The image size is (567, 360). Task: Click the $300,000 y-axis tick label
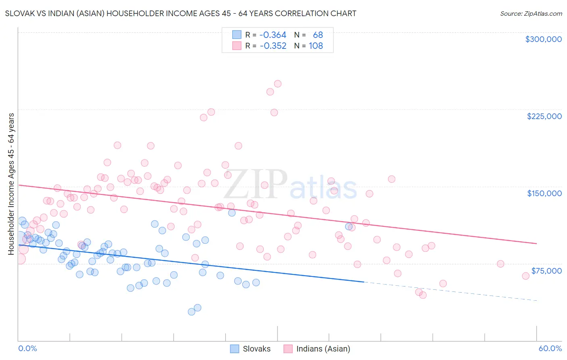click(543, 39)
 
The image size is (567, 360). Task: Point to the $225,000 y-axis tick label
click(544, 116)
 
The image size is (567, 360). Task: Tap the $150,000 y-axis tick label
click(544, 193)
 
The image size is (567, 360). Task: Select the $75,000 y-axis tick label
click(546, 271)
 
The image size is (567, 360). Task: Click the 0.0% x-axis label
click(27, 348)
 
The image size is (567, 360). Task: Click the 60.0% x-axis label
click(550, 348)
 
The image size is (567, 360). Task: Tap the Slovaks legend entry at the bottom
click(250, 349)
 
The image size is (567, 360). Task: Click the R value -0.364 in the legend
click(273, 35)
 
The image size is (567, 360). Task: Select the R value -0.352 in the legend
click(273, 46)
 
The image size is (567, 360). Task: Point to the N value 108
click(316, 46)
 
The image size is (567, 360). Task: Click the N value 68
click(318, 35)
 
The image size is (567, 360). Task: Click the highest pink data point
click(277, 84)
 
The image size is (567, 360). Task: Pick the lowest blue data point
click(192, 312)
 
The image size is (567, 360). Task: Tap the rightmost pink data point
click(525, 276)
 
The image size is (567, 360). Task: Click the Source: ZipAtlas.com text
click(531, 14)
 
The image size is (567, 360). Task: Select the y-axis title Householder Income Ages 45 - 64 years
click(11, 184)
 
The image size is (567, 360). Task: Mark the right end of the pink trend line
click(536, 243)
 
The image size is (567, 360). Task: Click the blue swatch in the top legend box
click(237, 35)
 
